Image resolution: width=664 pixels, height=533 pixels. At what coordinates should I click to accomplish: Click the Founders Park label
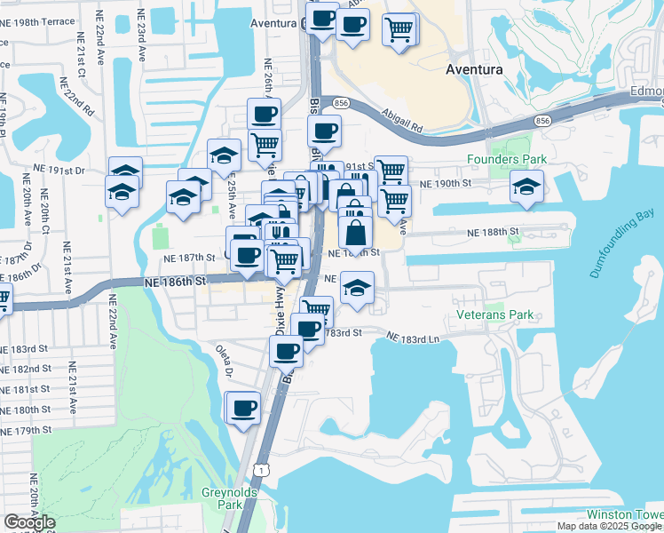[x=507, y=160]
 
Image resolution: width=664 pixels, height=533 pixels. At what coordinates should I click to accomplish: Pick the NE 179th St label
[x=27, y=430]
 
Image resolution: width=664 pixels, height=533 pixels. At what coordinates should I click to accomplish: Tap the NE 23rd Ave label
[x=140, y=36]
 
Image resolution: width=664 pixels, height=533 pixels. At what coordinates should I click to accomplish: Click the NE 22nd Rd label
[x=79, y=97]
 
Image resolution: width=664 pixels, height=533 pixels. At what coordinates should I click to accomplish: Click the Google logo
[x=30, y=522]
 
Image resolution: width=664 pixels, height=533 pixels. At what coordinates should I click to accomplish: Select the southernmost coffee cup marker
[x=243, y=409]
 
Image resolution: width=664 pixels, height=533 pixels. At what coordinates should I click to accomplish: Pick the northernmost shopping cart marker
[x=399, y=29]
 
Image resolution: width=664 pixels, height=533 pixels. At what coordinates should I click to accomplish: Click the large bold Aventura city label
[x=473, y=68]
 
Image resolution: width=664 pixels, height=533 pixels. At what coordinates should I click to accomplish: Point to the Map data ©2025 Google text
[x=610, y=526]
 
